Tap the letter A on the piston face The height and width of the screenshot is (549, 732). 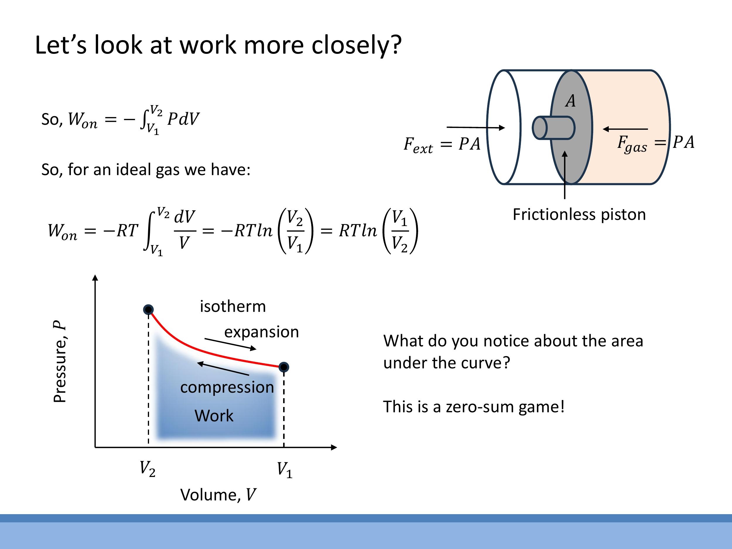[x=570, y=101]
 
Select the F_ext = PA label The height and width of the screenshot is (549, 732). [x=442, y=145]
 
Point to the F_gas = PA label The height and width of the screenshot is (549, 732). [x=656, y=143]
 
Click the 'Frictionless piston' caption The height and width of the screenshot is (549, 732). [x=579, y=214]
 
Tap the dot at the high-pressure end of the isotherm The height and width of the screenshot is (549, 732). [x=148, y=309]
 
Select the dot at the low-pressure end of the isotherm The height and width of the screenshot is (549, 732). [x=284, y=367]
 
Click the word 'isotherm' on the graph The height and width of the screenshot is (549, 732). [x=233, y=307]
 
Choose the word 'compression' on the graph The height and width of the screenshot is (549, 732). [x=227, y=387]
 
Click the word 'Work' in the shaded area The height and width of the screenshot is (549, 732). [x=214, y=416]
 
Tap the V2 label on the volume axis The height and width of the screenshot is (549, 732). [x=148, y=469]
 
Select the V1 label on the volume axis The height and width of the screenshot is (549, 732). [x=285, y=470]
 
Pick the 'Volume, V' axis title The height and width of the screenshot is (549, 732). [x=218, y=495]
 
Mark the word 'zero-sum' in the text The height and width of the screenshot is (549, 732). [x=480, y=407]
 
